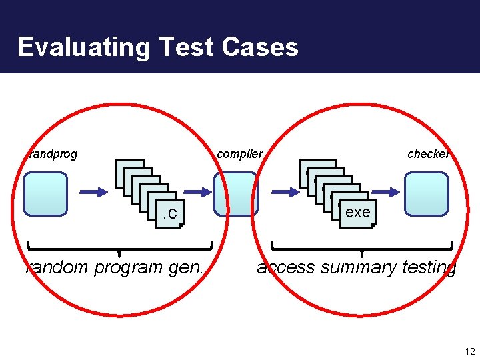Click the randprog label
tap(53, 154)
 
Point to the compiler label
tap(240, 154)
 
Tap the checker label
tap(428, 154)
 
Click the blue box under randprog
tap(46, 194)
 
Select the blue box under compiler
tap(235, 194)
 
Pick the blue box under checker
tap(427, 194)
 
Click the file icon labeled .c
tap(171, 213)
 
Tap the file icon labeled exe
tap(357, 212)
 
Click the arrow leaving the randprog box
tap(93, 191)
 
